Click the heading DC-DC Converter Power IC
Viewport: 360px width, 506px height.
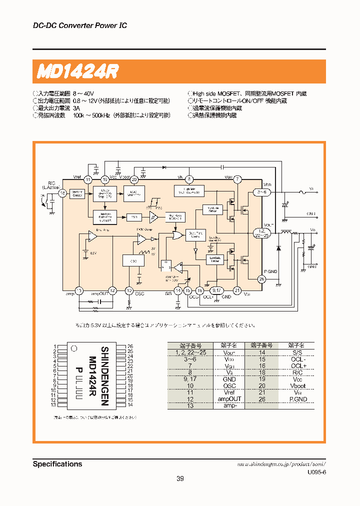[x=80, y=25]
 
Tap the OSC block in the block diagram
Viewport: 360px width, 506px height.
[x=133, y=260]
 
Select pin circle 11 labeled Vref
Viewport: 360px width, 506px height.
[x=88, y=179]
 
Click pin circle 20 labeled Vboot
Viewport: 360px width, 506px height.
[x=134, y=179]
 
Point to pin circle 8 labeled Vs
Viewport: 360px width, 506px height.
[x=189, y=179]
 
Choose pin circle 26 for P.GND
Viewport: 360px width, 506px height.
[x=261, y=279]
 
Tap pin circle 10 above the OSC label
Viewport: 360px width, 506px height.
[x=129, y=290]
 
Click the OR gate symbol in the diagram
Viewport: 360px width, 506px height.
[x=176, y=235]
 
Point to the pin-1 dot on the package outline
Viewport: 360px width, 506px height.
[x=73, y=348]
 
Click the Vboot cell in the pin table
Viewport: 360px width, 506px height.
[x=298, y=385]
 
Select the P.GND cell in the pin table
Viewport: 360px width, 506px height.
[x=298, y=399]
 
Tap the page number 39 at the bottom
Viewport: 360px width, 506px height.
[x=180, y=479]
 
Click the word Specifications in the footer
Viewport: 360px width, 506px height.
[x=57, y=464]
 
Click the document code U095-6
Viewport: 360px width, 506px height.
[x=316, y=472]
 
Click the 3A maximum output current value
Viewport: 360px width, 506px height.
[x=76, y=108]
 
